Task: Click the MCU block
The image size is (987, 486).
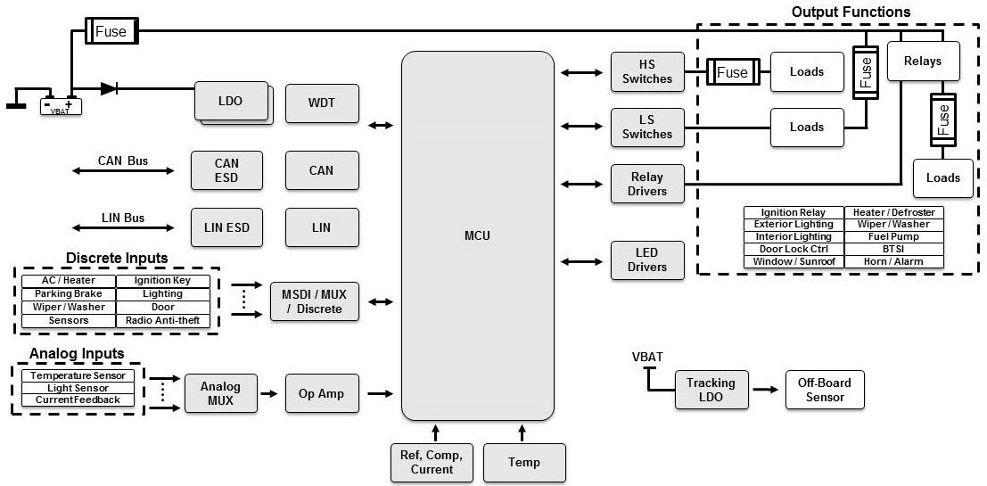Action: click(x=478, y=235)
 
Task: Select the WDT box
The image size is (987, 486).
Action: click(x=322, y=103)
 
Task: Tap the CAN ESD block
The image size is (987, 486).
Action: click(x=226, y=169)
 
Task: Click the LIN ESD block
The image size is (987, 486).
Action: click(x=226, y=227)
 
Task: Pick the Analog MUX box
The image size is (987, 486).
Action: click(x=220, y=393)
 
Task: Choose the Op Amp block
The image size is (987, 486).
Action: click(x=322, y=393)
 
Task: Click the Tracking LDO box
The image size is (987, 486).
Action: click(x=711, y=390)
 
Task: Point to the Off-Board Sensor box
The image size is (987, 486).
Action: click(x=825, y=390)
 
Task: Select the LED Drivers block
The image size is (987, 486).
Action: click(x=646, y=260)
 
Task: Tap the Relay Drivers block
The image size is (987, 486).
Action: click(x=646, y=185)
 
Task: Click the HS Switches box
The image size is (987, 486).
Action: click(x=646, y=72)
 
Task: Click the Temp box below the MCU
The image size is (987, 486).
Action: click(x=524, y=463)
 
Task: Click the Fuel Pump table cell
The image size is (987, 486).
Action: click(x=893, y=237)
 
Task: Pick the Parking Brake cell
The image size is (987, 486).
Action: click(x=69, y=293)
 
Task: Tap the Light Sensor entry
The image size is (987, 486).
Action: click(x=78, y=388)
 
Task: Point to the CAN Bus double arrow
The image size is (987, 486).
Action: click(x=123, y=169)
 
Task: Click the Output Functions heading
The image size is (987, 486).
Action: click(x=851, y=12)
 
